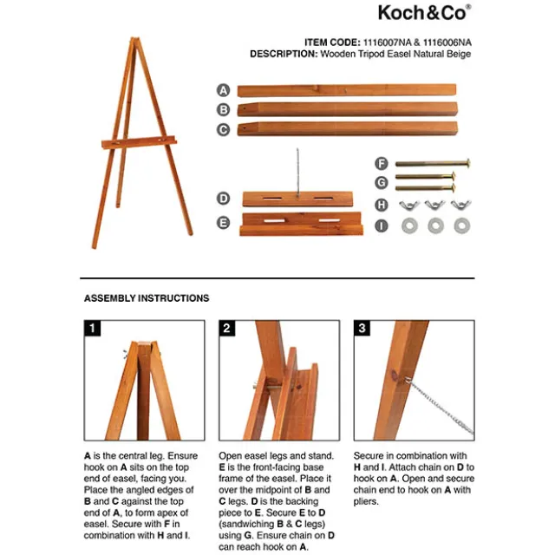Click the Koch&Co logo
(x=424, y=12)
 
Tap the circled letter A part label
(x=223, y=90)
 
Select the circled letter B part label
(x=223, y=109)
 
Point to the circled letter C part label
(x=223, y=129)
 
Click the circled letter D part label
(x=223, y=199)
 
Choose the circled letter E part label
(x=223, y=222)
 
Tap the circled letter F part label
(x=381, y=162)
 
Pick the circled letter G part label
(x=381, y=182)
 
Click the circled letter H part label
(x=381, y=205)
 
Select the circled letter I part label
(x=381, y=226)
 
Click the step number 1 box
(x=91, y=328)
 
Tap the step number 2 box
(x=227, y=328)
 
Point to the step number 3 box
(x=362, y=328)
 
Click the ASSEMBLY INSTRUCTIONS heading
(x=147, y=298)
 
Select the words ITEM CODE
(x=332, y=42)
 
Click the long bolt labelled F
(x=432, y=163)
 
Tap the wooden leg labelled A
(x=347, y=90)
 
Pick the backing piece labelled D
(x=288, y=199)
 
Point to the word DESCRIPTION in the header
(x=283, y=54)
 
